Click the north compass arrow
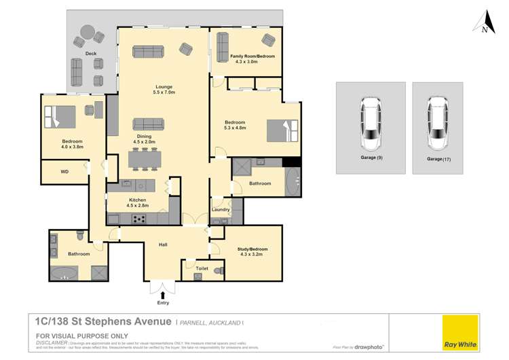click(483, 21)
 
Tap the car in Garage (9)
click(371, 124)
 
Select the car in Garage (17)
click(437, 124)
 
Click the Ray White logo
click(459, 334)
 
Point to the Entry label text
click(162, 303)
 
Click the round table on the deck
click(88, 32)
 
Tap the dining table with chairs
click(145, 158)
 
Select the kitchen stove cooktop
click(139, 219)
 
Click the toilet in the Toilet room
click(218, 271)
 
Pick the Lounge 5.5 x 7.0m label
click(164, 89)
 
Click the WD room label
click(64, 172)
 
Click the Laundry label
click(221, 210)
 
